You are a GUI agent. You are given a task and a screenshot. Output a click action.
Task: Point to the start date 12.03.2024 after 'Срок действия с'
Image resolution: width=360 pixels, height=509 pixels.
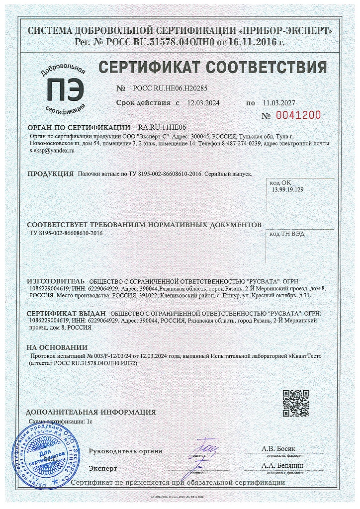click(x=203, y=103)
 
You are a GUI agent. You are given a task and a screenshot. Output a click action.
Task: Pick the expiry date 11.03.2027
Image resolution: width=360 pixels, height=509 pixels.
click(x=278, y=103)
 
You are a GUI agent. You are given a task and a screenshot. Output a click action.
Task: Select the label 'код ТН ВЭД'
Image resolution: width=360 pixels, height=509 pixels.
click(x=287, y=233)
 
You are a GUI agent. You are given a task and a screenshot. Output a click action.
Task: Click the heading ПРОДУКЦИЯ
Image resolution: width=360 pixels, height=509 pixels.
click(x=50, y=174)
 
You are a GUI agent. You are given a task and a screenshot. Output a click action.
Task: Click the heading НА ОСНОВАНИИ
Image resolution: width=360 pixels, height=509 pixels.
click(x=57, y=347)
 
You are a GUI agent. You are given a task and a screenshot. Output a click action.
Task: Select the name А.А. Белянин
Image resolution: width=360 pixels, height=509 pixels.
click(x=281, y=465)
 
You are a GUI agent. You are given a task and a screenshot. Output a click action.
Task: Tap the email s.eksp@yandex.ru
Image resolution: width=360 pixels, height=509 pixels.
click(x=52, y=150)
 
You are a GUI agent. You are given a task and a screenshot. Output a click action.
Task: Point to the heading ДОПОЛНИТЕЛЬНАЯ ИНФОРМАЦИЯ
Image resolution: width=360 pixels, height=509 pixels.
click(x=90, y=412)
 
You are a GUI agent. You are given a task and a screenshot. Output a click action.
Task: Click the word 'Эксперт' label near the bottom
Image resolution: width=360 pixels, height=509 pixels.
click(x=103, y=468)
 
